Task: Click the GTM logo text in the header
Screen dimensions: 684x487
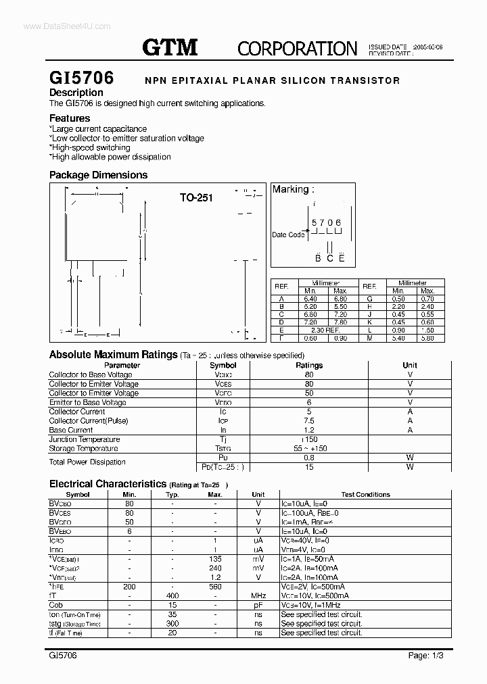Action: [170, 47]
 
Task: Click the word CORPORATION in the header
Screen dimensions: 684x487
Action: [297, 48]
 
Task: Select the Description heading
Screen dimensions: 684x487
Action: [76, 93]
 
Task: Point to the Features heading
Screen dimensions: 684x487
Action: [70, 118]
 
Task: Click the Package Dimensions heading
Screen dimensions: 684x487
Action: [98, 175]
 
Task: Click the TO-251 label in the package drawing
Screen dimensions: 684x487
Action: [196, 198]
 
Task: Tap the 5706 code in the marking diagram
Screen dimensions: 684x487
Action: [326, 222]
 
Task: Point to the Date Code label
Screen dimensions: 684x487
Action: [288, 235]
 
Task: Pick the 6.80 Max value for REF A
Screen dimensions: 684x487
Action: [340, 298]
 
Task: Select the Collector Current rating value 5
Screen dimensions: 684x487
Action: [309, 412]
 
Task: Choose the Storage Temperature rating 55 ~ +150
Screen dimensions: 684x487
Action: [309, 449]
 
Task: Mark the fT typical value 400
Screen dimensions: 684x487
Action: [172, 595]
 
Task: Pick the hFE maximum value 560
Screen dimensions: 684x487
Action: [215, 587]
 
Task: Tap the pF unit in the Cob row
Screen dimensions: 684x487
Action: [258, 605]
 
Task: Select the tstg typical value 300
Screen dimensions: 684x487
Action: [172, 624]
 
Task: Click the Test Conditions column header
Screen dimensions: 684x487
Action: [365, 495]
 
